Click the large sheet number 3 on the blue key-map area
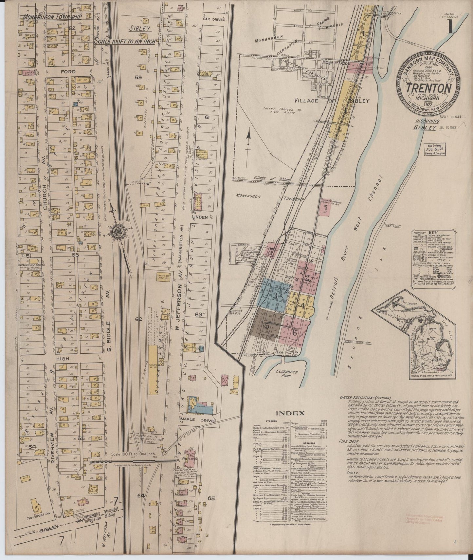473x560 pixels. tap(275, 295)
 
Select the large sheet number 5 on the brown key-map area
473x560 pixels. tap(268, 326)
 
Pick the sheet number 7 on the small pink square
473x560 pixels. tap(325, 208)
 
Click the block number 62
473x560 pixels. tap(138, 319)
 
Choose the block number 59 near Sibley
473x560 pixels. tap(138, 78)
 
